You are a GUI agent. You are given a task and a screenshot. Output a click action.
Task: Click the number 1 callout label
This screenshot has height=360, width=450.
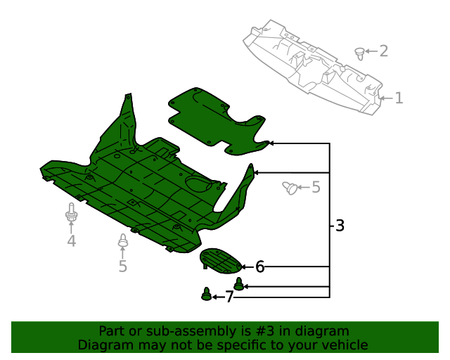click(x=399, y=98)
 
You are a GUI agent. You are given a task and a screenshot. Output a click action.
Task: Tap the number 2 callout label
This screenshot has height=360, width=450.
click(x=383, y=51)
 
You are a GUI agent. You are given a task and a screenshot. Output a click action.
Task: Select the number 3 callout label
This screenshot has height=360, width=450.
click(x=340, y=226)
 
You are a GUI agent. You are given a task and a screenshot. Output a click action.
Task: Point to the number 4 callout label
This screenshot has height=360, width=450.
click(x=71, y=242)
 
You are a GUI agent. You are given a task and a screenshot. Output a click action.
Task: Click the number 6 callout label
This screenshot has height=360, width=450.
click(x=259, y=266)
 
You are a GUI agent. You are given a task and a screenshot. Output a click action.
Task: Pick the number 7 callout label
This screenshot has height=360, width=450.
click(x=229, y=297)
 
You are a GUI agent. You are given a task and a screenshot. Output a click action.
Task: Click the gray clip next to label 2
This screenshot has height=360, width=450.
click(x=360, y=51)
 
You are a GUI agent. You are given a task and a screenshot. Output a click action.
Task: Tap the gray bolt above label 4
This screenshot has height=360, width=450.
click(x=71, y=214)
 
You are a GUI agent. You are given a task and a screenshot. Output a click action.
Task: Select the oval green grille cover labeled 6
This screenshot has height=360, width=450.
click(x=221, y=260)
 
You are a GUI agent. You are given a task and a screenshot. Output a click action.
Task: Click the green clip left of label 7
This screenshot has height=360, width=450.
click(x=206, y=294)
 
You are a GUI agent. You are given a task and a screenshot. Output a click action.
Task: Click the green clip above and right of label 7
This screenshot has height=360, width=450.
click(x=239, y=284)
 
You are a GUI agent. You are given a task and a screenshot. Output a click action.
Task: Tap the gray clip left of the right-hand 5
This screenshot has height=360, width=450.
click(x=289, y=187)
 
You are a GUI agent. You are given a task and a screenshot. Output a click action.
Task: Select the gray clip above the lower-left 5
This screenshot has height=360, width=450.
click(x=122, y=241)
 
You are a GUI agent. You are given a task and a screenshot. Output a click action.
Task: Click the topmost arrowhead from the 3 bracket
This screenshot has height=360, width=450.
click(x=271, y=143)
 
